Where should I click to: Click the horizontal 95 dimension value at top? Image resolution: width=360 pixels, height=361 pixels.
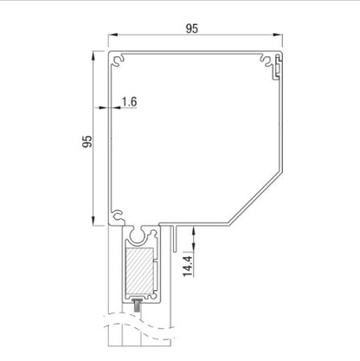click(x=192, y=29)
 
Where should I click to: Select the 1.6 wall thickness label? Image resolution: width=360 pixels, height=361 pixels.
click(x=130, y=101)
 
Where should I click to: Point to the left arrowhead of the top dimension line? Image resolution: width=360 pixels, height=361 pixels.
click(x=111, y=37)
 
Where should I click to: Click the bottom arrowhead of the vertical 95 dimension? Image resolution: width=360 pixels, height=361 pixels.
click(x=93, y=225)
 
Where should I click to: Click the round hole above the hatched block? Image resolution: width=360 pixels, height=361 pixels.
click(x=138, y=236)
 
